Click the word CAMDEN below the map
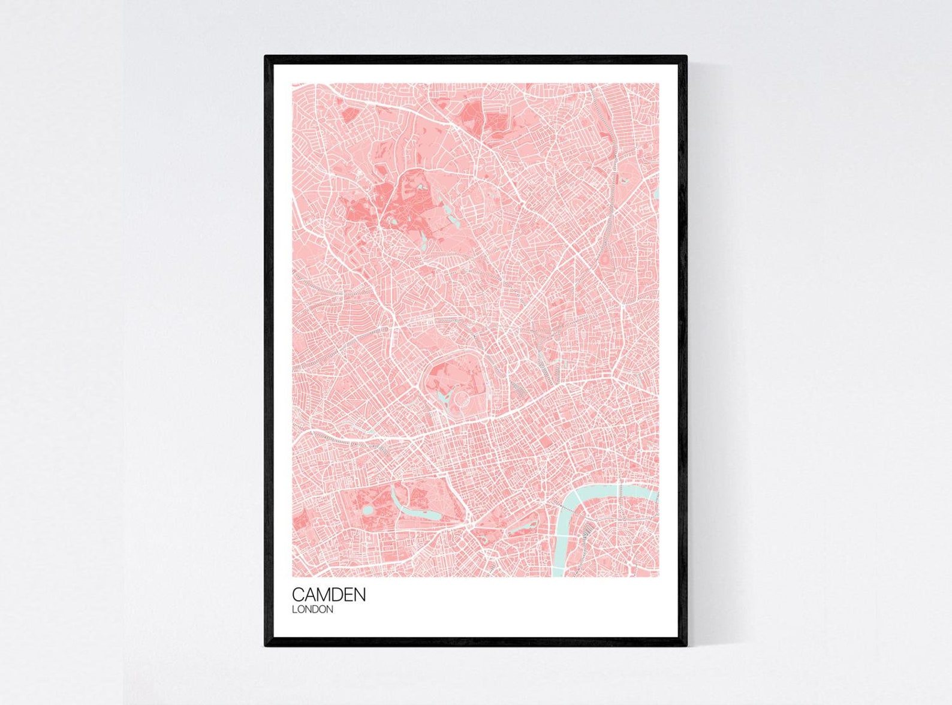[329, 595]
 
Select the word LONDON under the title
[312, 610]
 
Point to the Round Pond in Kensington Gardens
[367, 509]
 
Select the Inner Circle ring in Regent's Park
[460, 397]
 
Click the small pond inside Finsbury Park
[624, 179]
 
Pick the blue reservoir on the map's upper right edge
[656, 193]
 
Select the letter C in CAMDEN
[298, 595]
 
